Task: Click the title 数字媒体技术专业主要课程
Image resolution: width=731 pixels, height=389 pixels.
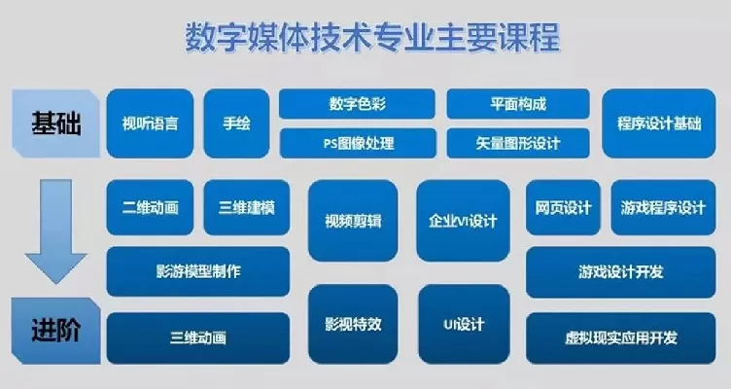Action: (371, 39)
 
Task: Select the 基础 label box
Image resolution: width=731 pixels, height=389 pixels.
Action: (56, 124)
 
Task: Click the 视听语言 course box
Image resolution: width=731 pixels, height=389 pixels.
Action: (150, 124)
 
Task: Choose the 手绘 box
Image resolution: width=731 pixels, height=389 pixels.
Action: (236, 124)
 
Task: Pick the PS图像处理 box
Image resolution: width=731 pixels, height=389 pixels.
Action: (358, 144)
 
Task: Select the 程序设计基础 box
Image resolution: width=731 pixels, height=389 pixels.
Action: (658, 124)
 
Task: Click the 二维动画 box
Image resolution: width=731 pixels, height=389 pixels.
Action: (151, 207)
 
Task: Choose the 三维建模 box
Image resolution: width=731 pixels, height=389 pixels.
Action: (247, 207)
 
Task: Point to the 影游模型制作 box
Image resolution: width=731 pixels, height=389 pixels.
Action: (198, 271)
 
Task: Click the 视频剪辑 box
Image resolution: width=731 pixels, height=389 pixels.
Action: (352, 221)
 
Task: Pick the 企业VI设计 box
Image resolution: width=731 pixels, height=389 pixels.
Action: (463, 221)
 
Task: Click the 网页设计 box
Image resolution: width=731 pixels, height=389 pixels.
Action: (564, 207)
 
